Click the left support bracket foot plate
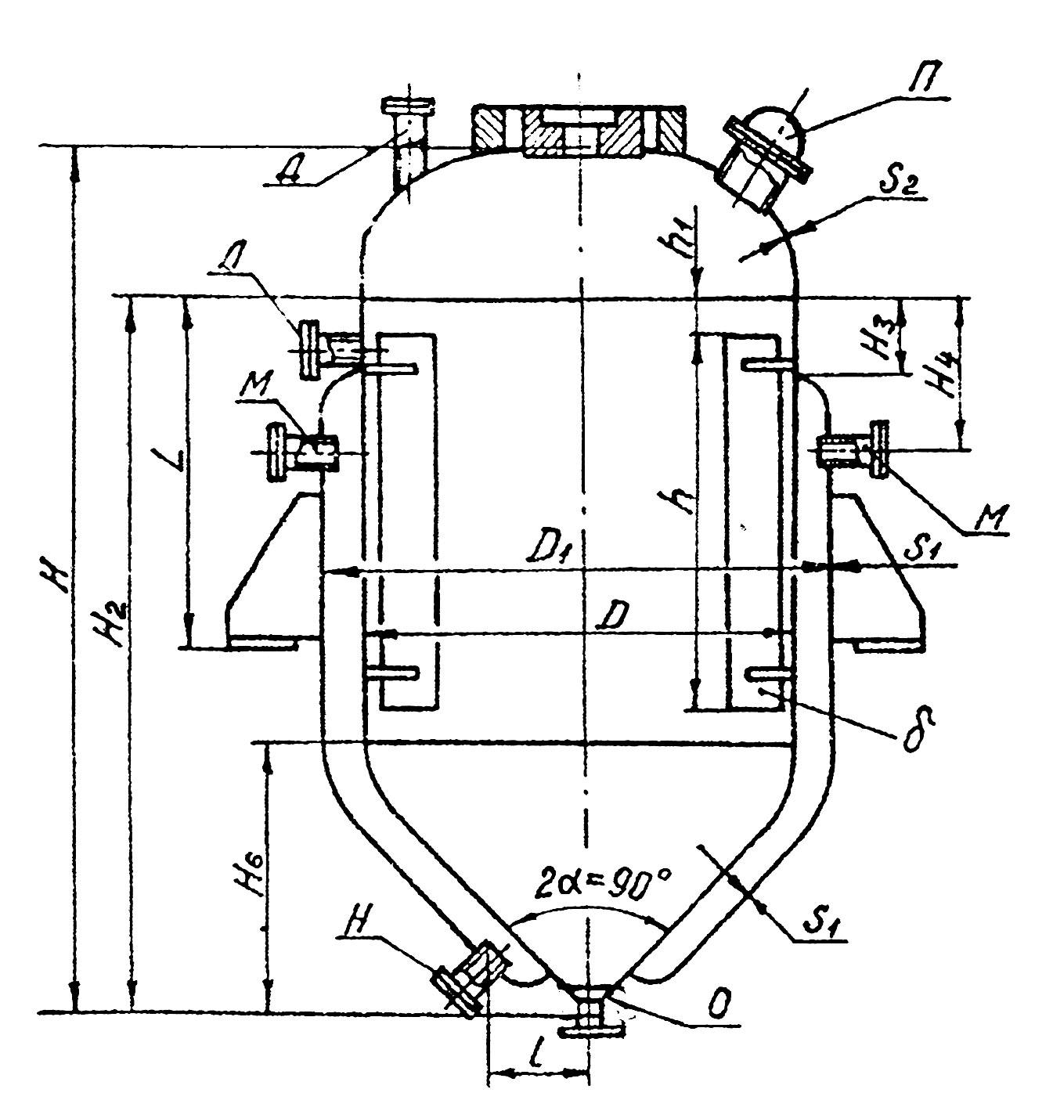point(262,644)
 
